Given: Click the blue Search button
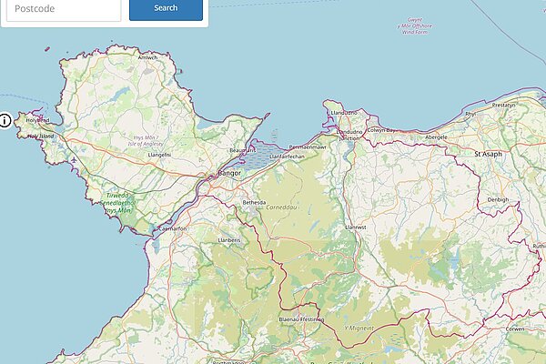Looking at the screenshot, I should pos(166,8).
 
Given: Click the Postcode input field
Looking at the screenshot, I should pos(61,8).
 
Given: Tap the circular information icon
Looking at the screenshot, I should pos(5,119).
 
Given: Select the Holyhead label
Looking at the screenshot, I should pos(37,120).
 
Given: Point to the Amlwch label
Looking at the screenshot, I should pos(147,57).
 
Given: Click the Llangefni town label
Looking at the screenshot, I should pos(159,156).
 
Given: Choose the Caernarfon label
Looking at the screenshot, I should pos(172,229).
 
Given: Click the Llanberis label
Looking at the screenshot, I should pos(229,240).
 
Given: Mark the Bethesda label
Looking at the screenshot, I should pos(254,202).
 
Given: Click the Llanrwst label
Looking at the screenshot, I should pos(355,227).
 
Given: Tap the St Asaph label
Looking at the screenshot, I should pos(489,155).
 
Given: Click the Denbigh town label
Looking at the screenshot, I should pos(497,199).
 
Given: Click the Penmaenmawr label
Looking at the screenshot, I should pos(307,147).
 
